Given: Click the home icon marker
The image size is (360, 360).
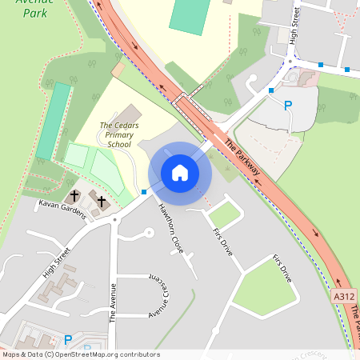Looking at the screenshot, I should click(x=180, y=173).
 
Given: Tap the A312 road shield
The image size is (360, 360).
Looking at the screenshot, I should click(x=344, y=296).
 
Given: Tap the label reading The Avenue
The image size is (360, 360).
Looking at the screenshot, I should click(x=113, y=302).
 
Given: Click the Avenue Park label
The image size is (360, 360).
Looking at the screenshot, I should click(x=23, y=8).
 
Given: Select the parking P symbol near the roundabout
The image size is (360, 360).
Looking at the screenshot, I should click(x=289, y=106).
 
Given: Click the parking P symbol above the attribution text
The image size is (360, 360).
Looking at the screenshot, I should click(x=68, y=340).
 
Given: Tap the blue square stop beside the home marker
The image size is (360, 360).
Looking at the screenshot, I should click(x=144, y=192).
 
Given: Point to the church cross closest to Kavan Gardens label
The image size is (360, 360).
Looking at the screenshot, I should click(x=74, y=195).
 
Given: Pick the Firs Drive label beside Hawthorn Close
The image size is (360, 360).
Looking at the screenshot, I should click(x=223, y=240).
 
